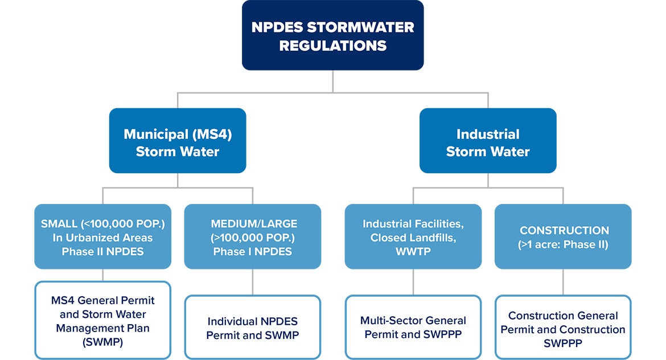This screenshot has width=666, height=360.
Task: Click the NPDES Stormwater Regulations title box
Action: click(x=332, y=35)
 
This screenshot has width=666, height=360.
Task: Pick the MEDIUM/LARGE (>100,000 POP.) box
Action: click(x=252, y=236)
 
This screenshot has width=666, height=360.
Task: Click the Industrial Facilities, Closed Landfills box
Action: click(x=413, y=236)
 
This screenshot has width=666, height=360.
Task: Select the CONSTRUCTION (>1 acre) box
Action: click(x=563, y=236)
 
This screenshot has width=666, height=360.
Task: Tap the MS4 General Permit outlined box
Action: click(x=102, y=320)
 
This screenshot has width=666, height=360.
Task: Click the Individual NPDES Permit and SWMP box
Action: click(x=252, y=327)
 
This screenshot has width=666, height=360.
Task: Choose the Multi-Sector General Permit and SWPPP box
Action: click(x=413, y=327)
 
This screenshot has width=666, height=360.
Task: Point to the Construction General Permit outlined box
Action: click(x=563, y=327)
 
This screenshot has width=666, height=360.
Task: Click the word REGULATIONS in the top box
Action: click(x=332, y=46)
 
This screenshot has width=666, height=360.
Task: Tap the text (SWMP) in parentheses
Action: click(x=102, y=342)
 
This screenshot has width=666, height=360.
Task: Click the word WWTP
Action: click(x=413, y=251)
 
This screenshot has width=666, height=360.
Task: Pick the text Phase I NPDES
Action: click(x=252, y=251)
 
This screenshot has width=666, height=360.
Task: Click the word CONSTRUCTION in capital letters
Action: click(x=563, y=231)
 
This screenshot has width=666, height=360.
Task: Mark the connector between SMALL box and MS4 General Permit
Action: click(x=102, y=275)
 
